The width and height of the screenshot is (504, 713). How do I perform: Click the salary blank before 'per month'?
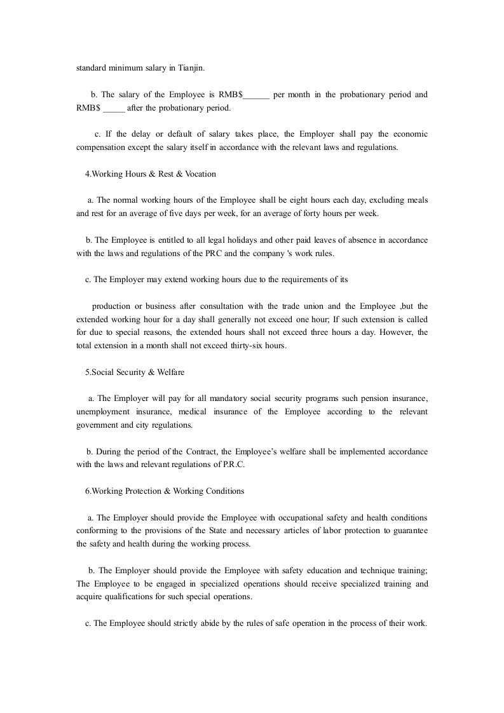257,96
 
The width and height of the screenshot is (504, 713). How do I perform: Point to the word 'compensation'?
104,147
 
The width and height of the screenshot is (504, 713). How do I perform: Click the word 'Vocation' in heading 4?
200,173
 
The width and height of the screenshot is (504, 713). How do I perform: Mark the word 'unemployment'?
102,412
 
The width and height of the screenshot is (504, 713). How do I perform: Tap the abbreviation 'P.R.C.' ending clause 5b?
232,465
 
